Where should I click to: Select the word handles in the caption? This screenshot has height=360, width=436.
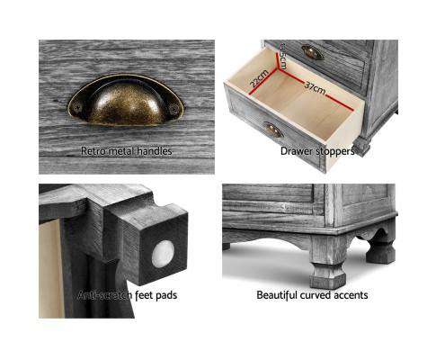(151, 151)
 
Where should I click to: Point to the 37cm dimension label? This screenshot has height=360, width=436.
(315, 89)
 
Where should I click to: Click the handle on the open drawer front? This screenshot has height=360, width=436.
(273, 130)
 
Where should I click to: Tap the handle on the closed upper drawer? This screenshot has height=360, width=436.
(310, 53)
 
